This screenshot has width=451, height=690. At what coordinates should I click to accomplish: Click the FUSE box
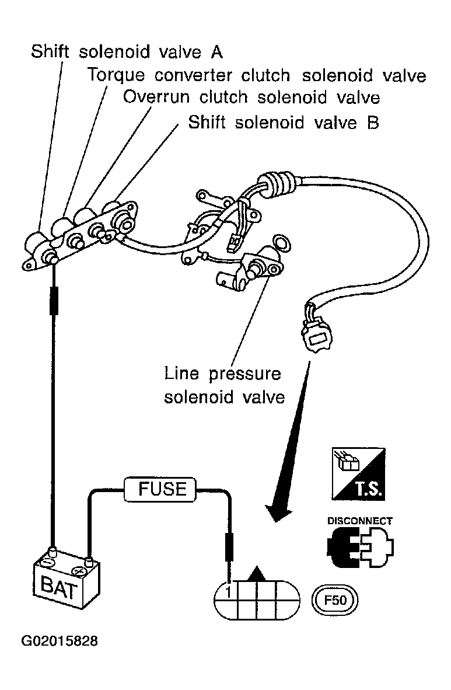160,489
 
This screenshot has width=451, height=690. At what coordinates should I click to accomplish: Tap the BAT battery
66,580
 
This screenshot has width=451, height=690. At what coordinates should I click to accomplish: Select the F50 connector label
335,600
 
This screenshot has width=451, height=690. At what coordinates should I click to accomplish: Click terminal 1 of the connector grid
228,593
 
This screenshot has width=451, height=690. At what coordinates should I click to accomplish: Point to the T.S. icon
359,475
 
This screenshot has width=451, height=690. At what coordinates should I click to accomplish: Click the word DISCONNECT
359,521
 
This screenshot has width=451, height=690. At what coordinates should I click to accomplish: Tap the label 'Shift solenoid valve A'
127,52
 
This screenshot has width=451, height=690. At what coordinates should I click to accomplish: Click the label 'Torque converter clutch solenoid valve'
257,75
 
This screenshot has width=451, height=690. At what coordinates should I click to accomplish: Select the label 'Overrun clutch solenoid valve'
251,97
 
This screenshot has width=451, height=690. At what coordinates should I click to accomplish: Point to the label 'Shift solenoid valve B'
284,123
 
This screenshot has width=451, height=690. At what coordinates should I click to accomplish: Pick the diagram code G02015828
60,641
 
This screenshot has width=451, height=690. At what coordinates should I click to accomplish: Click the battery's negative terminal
53,552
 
